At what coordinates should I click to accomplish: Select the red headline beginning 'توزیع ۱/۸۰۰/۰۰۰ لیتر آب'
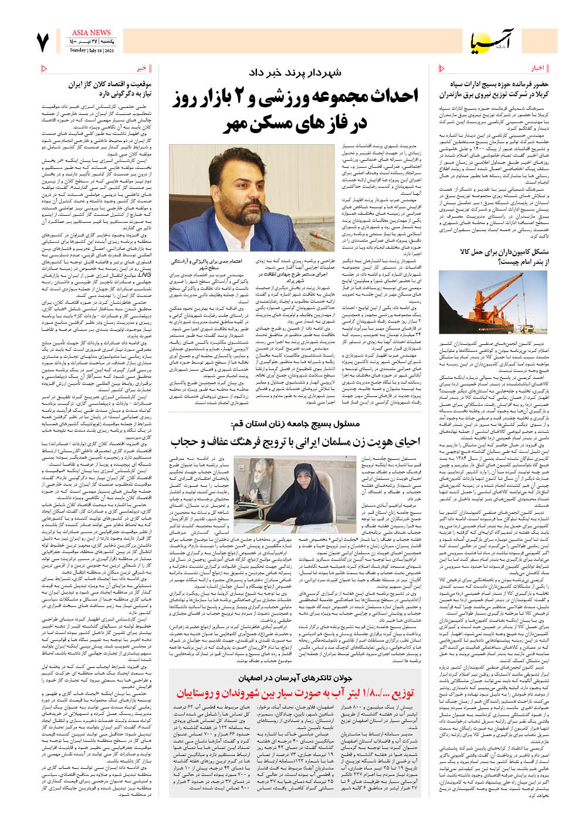(x=295, y=693)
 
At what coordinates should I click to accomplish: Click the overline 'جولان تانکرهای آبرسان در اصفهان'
(x=295, y=677)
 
